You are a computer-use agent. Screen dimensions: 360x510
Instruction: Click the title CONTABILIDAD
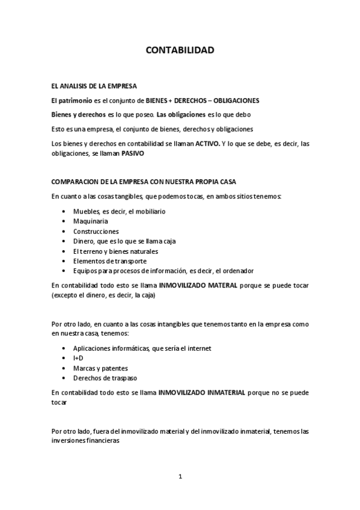[x=180, y=51]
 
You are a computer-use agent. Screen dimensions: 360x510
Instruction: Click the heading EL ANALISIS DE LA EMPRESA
[x=94, y=86]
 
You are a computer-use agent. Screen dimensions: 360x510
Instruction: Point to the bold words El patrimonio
[x=70, y=100]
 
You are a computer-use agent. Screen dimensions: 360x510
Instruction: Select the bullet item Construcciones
[x=96, y=231]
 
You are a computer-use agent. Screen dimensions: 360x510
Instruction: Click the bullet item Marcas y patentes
[x=100, y=367]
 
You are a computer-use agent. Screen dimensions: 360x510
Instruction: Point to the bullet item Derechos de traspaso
[x=105, y=378]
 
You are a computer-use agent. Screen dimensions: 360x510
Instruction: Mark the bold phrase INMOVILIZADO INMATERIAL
[x=202, y=392]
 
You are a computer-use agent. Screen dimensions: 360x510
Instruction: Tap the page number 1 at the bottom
[x=180, y=476]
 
